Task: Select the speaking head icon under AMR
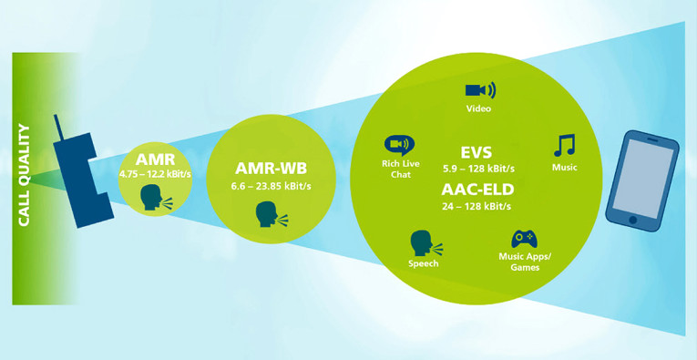click(x=151, y=197)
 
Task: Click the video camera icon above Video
click(x=479, y=90)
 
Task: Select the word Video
click(x=479, y=109)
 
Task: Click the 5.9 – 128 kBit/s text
click(x=478, y=168)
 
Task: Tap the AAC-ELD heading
click(x=478, y=190)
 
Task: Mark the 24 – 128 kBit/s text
click(x=478, y=206)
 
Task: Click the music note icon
click(x=565, y=146)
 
